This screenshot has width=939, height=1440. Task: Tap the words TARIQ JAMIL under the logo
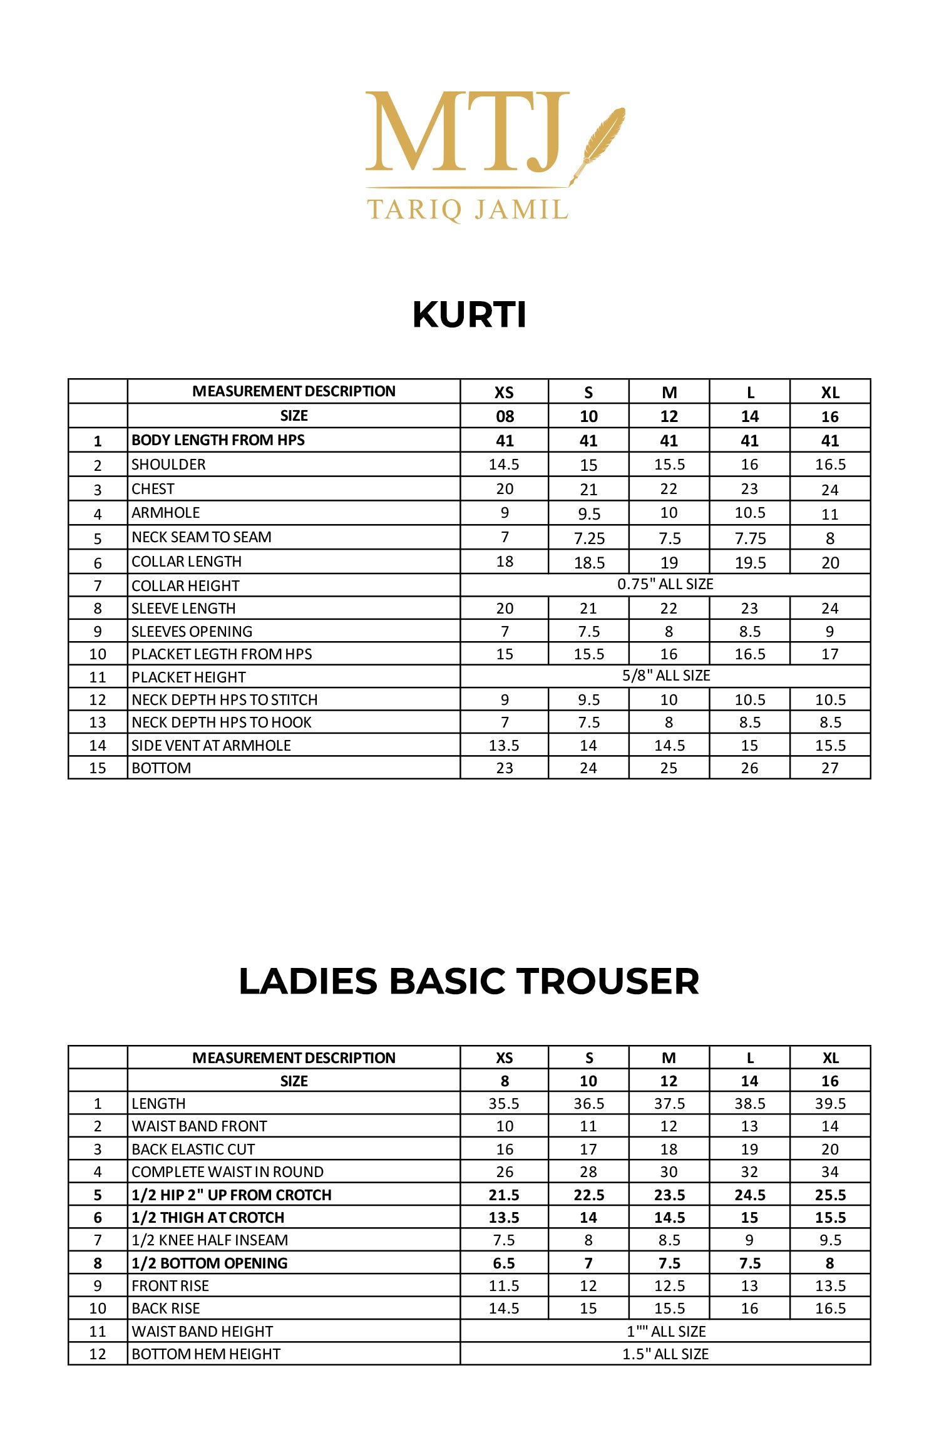click(x=467, y=210)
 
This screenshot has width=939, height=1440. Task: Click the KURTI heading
click(x=469, y=314)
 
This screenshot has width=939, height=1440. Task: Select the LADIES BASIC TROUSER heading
click(x=469, y=981)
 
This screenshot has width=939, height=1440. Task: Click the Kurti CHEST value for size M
click(x=669, y=489)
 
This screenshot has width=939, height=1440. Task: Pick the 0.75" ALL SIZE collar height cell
click(x=665, y=585)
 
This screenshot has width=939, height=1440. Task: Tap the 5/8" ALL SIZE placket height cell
click(x=665, y=676)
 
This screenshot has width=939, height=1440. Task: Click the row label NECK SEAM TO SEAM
click(x=202, y=537)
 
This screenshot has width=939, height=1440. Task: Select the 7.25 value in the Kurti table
click(x=588, y=538)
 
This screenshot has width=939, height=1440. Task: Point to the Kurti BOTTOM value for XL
click(x=829, y=768)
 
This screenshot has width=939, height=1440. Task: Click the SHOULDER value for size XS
click(x=504, y=465)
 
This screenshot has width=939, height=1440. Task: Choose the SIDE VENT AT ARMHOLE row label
click(x=211, y=746)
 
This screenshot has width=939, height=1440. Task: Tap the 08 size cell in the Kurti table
click(x=505, y=416)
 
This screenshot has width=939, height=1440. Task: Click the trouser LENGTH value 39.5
click(x=829, y=1104)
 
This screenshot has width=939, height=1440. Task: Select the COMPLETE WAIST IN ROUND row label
click(x=227, y=1172)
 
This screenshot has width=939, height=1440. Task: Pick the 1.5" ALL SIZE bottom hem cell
click(x=665, y=1354)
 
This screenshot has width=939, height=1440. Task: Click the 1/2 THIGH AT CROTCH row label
click(x=208, y=1218)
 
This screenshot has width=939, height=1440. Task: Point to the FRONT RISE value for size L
click(x=749, y=1286)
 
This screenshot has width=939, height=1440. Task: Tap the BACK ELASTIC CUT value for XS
click(x=505, y=1149)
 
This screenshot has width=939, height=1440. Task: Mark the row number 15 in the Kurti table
click(x=98, y=768)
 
